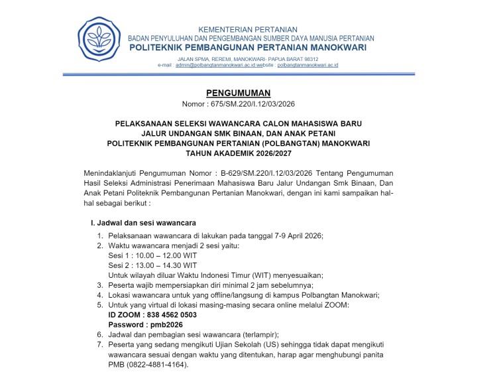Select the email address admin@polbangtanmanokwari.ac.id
click(x=215, y=66)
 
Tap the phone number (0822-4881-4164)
click(x=158, y=365)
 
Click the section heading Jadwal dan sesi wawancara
click(x=142, y=222)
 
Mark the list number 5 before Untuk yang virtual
click(x=99, y=305)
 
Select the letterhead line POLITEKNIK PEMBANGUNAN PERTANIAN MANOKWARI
click(x=250, y=48)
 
